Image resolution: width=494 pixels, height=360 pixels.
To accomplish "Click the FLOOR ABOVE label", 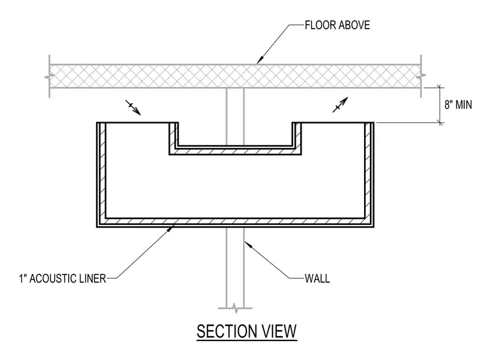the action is tap(337, 25).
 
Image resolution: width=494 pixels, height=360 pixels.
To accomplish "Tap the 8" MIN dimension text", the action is tap(458, 105).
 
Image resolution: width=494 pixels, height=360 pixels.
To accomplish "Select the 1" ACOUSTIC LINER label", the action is tap(62, 279).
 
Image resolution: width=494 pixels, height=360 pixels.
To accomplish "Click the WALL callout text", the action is tap(317, 279).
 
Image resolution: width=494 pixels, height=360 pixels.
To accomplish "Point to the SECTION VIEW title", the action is tap(247, 331).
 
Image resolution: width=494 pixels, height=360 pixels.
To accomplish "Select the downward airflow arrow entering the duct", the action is tap(133, 107).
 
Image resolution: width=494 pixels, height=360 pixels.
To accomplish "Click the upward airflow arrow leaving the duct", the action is tap(340, 105).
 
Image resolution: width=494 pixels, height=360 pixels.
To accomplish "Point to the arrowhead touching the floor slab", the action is tap(259, 60).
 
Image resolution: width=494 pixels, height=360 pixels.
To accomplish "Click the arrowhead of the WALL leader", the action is tap(247, 244).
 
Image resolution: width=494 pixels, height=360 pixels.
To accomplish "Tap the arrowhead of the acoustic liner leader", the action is tap(170, 228).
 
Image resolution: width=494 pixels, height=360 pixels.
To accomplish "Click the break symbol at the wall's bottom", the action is tap(235, 308).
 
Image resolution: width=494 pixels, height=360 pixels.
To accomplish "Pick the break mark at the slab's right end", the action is tap(421, 76).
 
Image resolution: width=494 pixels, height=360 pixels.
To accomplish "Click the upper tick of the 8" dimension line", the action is tap(440, 88).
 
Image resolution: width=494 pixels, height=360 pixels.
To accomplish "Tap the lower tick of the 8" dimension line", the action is tap(440, 123).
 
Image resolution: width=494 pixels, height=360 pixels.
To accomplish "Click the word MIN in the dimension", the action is tap(463, 105).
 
